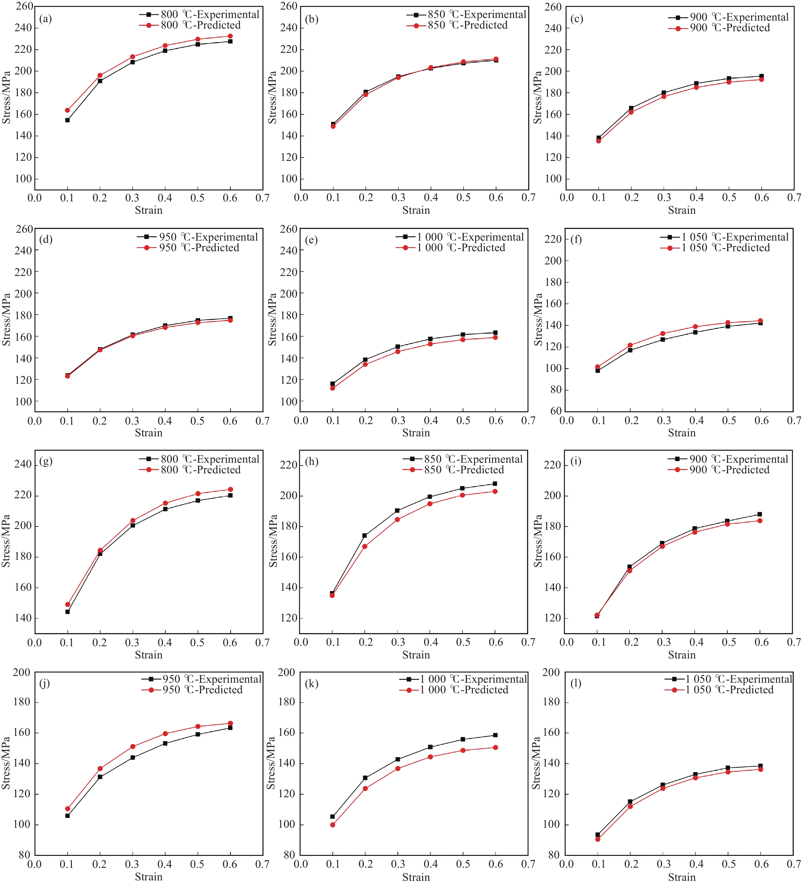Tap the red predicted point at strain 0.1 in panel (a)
coord(68,110)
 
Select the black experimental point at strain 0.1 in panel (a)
coord(68,120)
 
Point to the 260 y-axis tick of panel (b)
coord(289,6)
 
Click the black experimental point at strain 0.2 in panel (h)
coord(365,535)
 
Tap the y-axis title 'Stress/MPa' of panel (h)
coord(273,541)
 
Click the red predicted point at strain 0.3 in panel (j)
coord(133,747)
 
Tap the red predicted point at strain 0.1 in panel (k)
coord(333,825)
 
